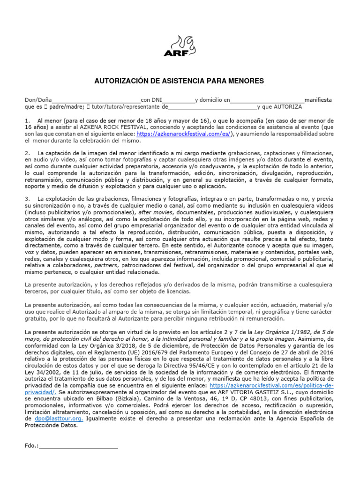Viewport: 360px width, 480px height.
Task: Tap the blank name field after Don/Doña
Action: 96,100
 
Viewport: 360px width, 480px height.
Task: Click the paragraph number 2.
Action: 27,153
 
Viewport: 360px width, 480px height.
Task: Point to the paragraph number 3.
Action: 27,199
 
